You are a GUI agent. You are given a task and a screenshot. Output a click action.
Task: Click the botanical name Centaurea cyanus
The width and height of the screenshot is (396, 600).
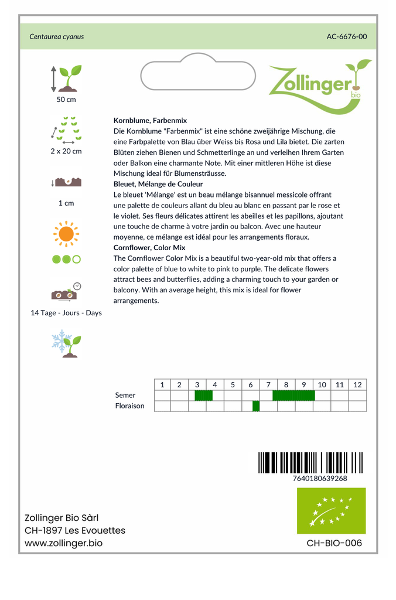click(57, 36)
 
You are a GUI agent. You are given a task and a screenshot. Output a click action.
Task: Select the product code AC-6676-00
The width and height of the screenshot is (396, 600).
click(347, 36)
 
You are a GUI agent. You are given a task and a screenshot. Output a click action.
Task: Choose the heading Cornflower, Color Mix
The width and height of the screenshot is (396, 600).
click(149, 248)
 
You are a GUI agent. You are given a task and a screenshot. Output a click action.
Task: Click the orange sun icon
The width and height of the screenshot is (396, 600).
click(66, 234)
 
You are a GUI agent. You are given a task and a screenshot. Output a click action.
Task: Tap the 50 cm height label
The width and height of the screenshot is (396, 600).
click(66, 100)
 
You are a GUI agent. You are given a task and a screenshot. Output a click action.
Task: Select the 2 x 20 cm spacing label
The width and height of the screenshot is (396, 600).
click(66, 151)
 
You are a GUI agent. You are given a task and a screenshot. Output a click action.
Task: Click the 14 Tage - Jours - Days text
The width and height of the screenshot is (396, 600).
click(66, 313)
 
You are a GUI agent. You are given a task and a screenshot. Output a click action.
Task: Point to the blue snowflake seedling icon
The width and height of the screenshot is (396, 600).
click(66, 344)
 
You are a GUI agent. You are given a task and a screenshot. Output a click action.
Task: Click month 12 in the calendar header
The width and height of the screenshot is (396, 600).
click(357, 385)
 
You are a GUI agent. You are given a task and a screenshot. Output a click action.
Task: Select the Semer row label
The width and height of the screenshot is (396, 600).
click(125, 396)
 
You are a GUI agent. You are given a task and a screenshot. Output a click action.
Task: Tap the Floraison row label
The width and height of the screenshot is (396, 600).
click(130, 406)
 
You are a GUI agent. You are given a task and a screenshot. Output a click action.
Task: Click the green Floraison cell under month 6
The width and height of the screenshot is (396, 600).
click(256, 406)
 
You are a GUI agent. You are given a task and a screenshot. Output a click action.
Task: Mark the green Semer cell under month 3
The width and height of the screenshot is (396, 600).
click(203, 396)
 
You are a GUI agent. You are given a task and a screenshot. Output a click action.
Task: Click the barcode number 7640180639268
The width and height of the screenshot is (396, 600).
click(320, 478)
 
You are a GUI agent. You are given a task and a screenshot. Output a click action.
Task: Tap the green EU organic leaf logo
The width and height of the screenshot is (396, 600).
click(331, 510)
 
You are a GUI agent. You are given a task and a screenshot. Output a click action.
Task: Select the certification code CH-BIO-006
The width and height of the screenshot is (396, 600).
click(334, 543)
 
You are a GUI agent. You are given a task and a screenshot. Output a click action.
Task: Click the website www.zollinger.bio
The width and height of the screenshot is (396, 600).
click(64, 543)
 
